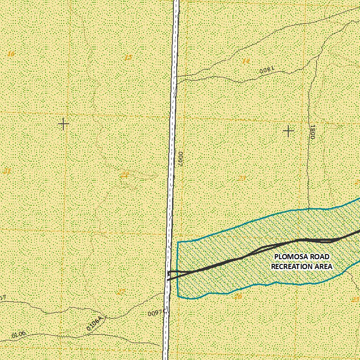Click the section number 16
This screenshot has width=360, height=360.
click(x=10, y=54)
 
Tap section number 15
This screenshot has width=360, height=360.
click(x=128, y=57)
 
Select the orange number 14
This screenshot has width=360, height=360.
click(x=246, y=60)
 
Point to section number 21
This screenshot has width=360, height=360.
click(x=7, y=171)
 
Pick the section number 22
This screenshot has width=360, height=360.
click(x=124, y=175)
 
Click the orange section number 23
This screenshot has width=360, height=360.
click(x=242, y=178)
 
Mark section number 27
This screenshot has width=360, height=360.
click(x=121, y=292)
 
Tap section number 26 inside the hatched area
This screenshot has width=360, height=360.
click(x=238, y=296)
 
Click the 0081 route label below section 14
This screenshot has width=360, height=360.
click(x=266, y=70)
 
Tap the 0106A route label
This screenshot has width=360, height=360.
click(x=97, y=324)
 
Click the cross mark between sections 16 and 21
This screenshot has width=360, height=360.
click(x=63, y=124)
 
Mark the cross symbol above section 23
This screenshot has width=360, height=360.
click(x=289, y=131)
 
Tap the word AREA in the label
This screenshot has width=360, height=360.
click(x=323, y=266)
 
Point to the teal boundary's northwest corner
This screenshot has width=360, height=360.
click(x=178, y=242)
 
